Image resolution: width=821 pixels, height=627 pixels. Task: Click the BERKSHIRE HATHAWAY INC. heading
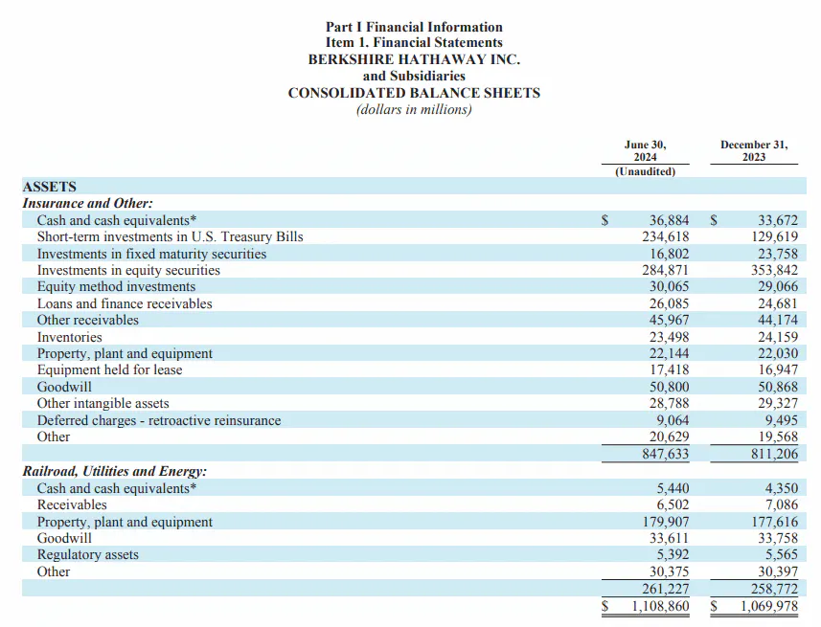414,59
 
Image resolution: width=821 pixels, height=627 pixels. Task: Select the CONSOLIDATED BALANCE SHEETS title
414,93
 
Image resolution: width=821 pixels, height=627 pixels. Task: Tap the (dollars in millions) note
414,110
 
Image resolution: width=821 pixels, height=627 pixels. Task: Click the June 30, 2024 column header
645,150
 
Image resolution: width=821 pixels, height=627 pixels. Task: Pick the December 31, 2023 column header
754,150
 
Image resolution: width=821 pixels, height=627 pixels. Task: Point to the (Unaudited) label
645,171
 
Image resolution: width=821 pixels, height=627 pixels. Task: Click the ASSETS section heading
49,187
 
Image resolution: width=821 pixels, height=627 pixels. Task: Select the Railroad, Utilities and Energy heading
115,472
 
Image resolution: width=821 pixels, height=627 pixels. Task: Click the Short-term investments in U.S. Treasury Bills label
171,237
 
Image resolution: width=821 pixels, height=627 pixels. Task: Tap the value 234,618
666,237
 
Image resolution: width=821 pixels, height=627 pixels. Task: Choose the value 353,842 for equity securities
774,271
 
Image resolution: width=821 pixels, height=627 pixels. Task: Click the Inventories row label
70,337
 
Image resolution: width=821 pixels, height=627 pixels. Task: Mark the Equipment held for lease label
109,370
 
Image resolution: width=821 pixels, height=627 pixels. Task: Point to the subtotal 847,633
666,454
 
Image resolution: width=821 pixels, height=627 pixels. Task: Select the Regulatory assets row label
88,555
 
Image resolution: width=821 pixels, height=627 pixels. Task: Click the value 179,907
666,522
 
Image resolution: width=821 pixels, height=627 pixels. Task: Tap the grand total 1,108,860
660,607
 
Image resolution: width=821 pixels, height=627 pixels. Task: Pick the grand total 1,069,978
769,607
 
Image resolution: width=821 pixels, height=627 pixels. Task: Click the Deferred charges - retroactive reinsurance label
159,421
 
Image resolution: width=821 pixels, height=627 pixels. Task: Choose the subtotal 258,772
774,589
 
